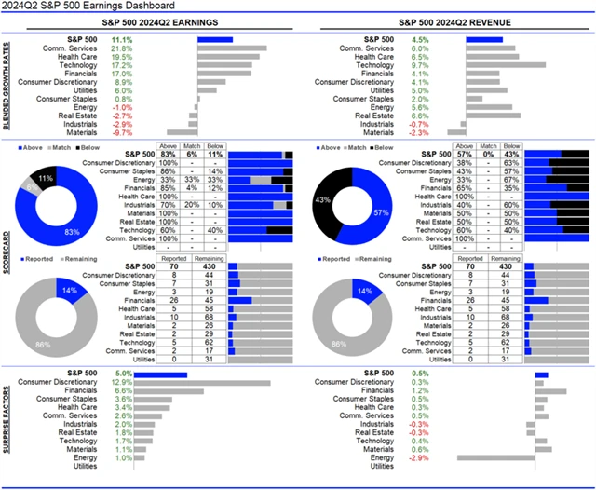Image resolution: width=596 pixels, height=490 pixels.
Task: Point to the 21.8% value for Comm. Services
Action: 122,48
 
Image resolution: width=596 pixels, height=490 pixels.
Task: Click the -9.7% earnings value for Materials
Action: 122,132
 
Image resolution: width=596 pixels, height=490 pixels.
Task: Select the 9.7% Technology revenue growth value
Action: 420,67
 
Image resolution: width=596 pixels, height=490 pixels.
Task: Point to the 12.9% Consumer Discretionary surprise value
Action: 122,382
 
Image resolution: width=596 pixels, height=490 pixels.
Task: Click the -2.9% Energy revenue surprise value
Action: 420,457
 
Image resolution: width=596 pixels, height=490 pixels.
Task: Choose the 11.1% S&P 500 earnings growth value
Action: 122,40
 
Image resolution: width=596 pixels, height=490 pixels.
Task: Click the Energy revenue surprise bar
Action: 495,457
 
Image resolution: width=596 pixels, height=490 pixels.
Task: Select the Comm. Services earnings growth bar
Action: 232,48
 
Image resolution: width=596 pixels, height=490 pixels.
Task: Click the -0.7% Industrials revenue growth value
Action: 420,123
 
